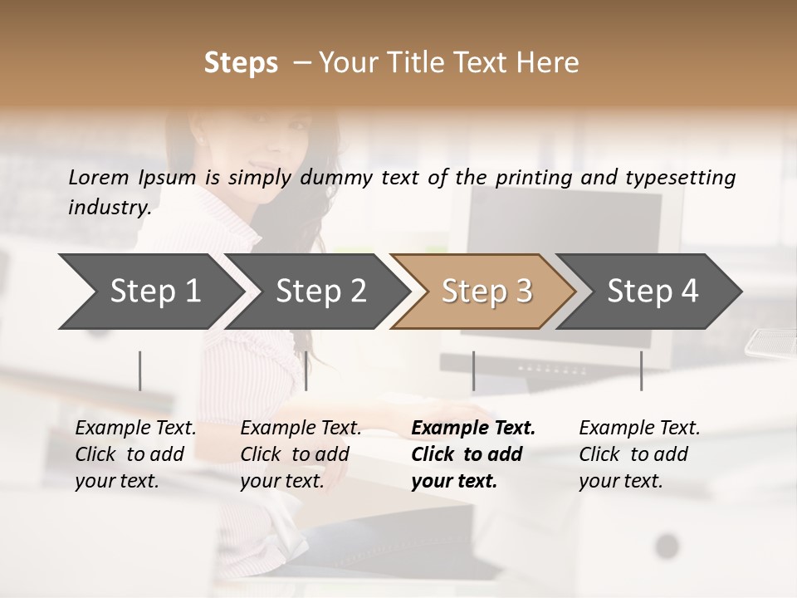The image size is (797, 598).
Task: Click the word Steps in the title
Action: point(241,63)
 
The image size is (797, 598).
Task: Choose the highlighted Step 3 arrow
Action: point(486,291)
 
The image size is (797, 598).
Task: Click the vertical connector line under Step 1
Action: point(140,370)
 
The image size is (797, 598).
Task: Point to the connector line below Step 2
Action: point(306,370)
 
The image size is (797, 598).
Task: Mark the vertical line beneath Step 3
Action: point(473,370)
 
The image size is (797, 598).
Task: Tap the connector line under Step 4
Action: point(641,370)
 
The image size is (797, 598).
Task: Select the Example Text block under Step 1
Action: point(135,454)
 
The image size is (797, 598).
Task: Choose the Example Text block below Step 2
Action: point(301,454)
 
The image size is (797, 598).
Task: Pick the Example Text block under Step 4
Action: point(639,454)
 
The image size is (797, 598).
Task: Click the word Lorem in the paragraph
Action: point(99,177)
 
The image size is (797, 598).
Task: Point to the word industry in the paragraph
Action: point(109,207)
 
